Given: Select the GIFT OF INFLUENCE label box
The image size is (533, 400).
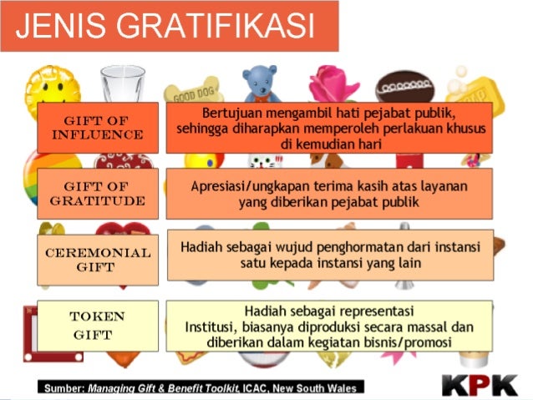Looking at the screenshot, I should point(97,127).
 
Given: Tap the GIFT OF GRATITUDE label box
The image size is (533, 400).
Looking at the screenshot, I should point(97,194).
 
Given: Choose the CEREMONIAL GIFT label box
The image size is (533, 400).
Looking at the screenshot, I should point(97,260).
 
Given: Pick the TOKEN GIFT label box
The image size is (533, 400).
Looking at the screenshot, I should point(97,326).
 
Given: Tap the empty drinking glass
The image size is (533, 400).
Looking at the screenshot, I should point(123,84).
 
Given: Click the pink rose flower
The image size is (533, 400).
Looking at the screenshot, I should point(332,83).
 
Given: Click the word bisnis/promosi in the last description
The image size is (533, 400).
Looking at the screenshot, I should point(408,342).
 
